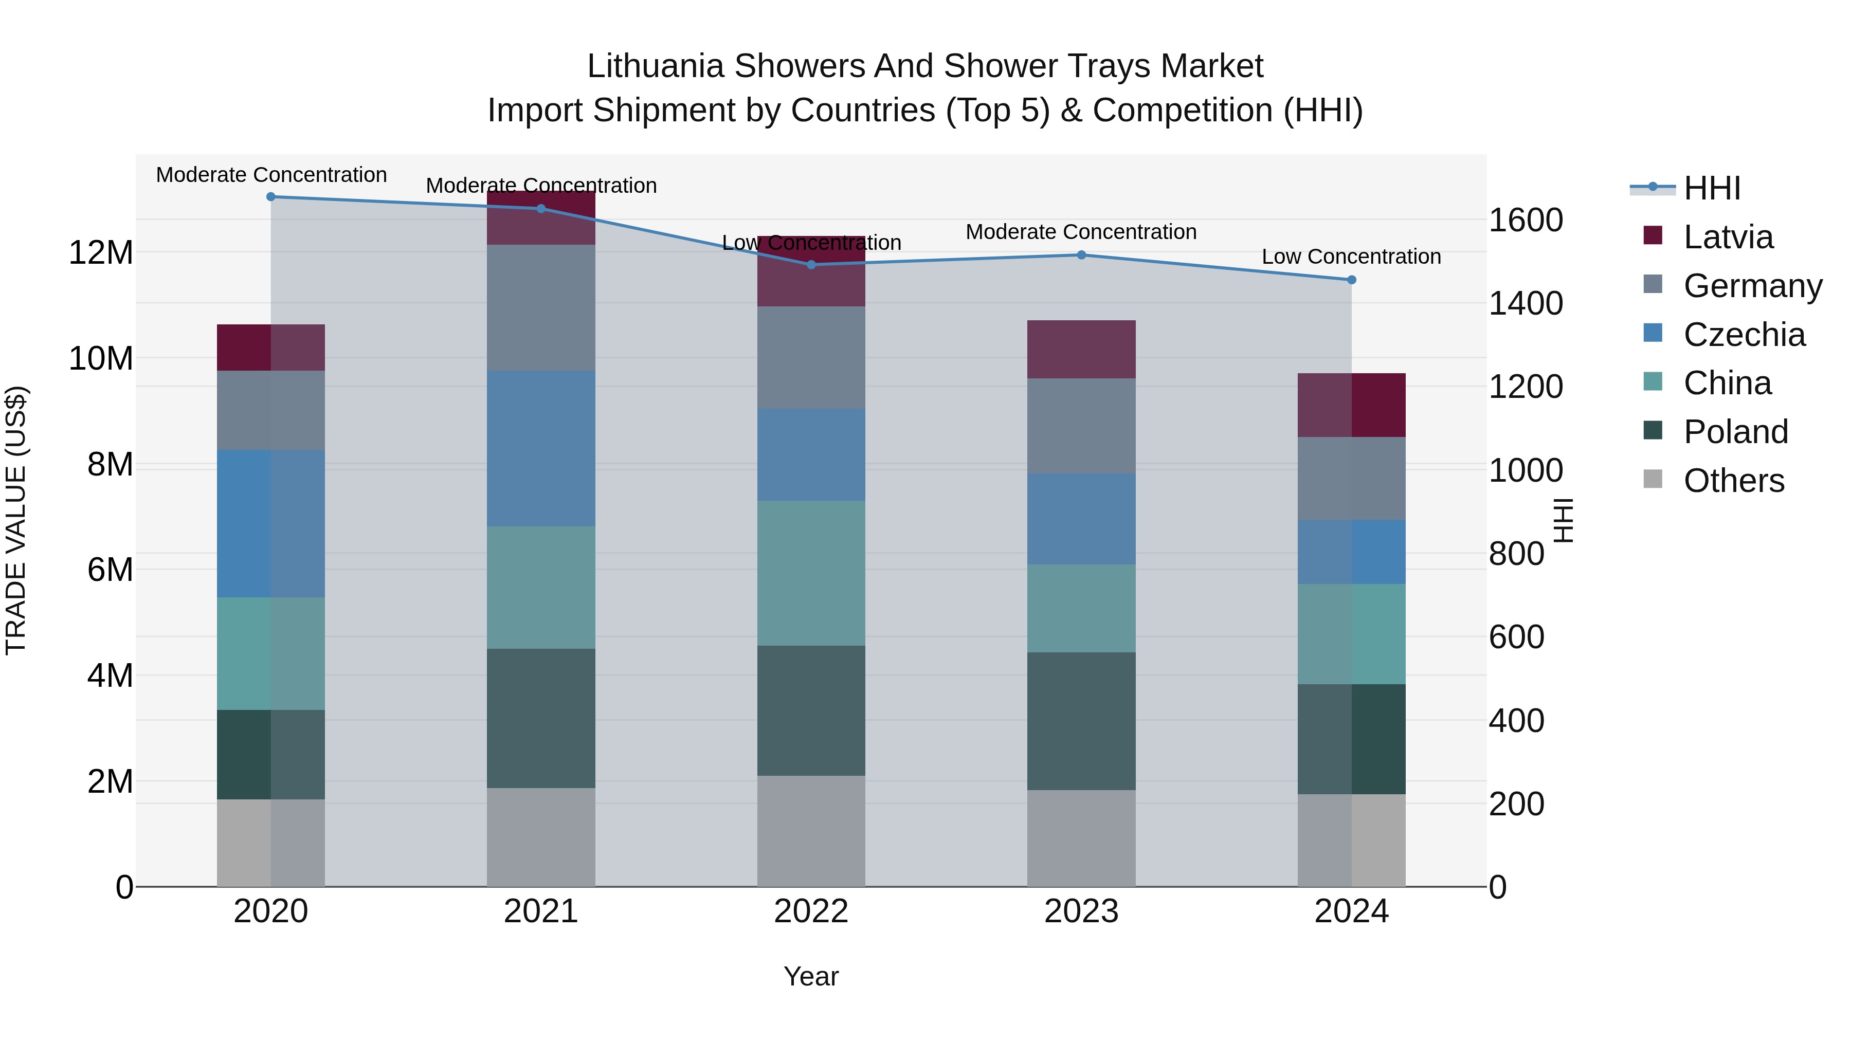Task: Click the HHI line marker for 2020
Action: click(x=271, y=197)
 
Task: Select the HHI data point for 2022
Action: click(x=811, y=265)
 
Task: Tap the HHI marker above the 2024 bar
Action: click(x=1352, y=280)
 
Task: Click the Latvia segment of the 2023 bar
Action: click(x=1081, y=350)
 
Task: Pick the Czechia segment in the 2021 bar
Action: click(x=541, y=449)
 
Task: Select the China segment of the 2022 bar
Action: click(x=811, y=573)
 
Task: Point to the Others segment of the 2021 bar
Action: click(x=541, y=838)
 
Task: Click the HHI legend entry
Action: click(x=1712, y=188)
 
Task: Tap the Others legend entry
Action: click(x=1733, y=481)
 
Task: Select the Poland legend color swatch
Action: click(x=1653, y=431)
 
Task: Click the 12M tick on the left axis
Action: click(x=101, y=253)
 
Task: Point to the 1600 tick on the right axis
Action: click(x=1526, y=220)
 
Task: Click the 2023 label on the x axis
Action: click(x=1081, y=911)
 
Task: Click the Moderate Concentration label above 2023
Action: click(x=1081, y=232)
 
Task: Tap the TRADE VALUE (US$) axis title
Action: click(x=16, y=520)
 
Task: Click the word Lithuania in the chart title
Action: click(x=655, y=66)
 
